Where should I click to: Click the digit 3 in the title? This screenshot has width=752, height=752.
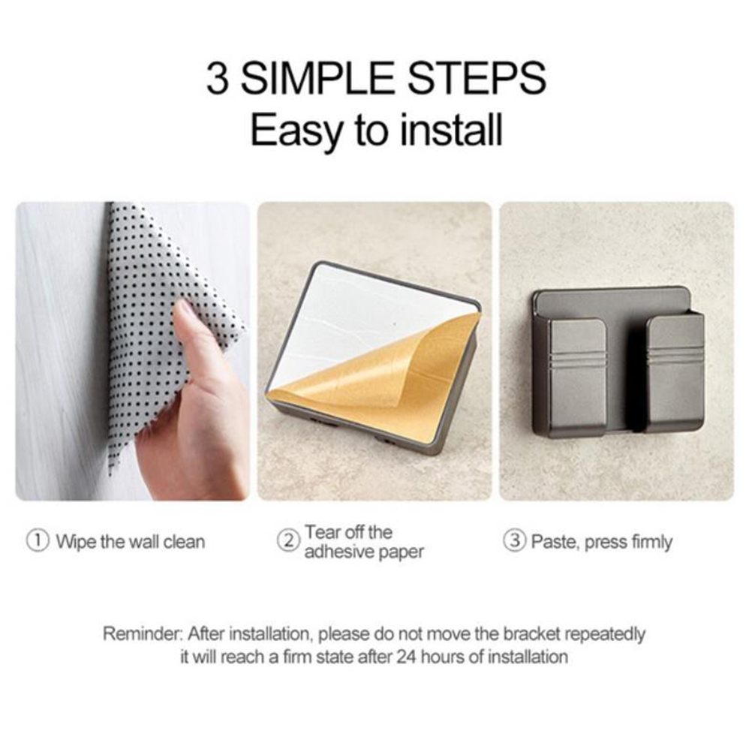(217, 78)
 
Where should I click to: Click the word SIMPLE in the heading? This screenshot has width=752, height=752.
(317, 78)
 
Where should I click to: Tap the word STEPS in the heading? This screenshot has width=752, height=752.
(477, 78)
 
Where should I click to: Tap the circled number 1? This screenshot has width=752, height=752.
(38, 540)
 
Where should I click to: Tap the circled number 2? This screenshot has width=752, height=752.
(288, 540)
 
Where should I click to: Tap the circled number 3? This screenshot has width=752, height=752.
(514, 540)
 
